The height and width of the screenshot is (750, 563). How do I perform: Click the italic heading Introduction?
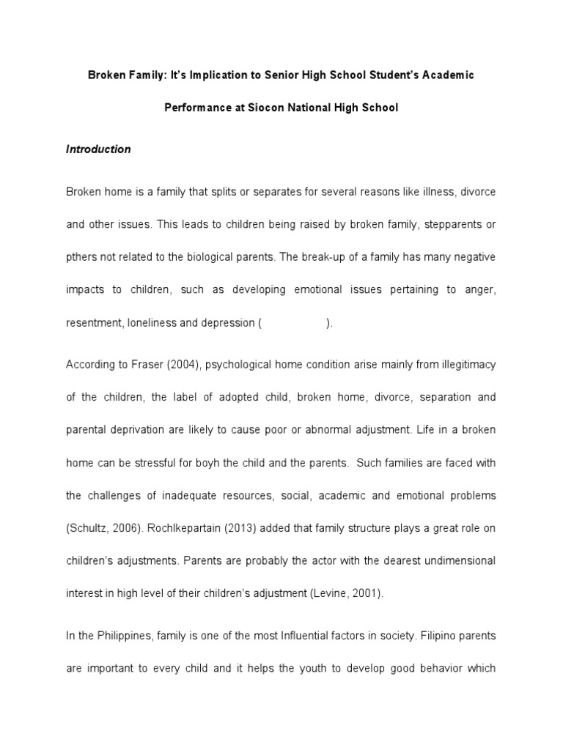click(98, 149)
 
